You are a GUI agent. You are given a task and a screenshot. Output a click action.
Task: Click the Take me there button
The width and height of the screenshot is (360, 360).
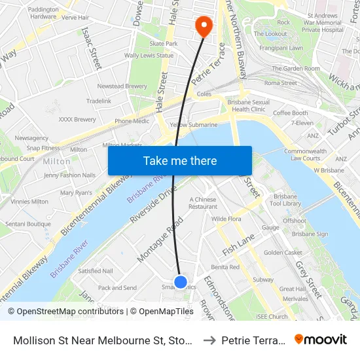[180, 160]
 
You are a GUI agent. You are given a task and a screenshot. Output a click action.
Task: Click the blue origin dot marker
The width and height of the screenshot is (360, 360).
[181, 281]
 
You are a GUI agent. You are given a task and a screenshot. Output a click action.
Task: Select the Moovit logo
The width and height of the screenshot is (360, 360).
[321, 340]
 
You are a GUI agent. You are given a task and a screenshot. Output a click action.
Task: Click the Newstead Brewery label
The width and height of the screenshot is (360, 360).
[122, 86]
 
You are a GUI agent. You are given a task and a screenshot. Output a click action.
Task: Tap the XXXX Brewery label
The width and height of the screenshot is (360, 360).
[77, 119]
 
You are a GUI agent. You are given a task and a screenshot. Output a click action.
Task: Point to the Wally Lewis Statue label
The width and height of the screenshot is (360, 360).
[149, 56]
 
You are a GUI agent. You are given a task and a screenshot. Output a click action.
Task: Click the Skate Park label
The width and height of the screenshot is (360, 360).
[163, 43]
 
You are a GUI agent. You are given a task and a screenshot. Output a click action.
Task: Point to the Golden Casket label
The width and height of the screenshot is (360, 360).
[283, 252]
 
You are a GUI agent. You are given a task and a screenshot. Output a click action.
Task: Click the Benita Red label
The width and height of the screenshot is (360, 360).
[225, 267]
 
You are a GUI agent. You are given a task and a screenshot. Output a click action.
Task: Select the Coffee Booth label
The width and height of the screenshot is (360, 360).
[290, 113]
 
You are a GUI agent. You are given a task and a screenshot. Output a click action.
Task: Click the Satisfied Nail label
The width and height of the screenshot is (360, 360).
[96, 270]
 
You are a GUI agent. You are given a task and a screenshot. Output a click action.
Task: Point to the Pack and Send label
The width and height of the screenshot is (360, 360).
[117, 287]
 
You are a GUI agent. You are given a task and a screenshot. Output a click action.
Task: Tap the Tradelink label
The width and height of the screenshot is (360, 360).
[99, 101]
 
